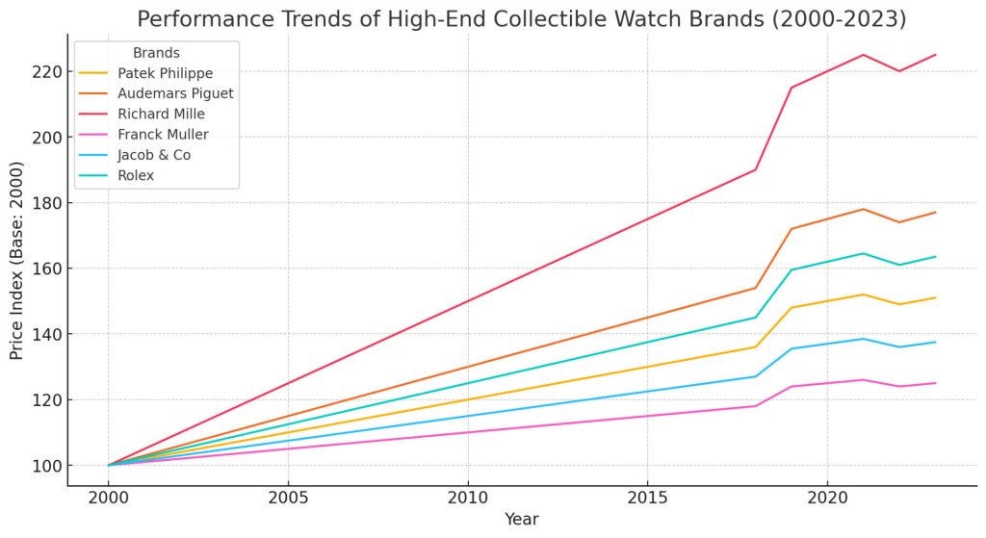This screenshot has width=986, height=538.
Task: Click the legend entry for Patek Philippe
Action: point(166,73)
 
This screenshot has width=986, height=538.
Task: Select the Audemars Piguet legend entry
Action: point(175,93)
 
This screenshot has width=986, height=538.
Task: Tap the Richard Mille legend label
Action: point(161,114)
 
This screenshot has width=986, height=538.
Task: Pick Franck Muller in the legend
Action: point(163,135)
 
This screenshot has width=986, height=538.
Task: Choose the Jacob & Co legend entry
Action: point(154,155)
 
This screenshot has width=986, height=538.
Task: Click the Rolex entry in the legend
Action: point(136,175)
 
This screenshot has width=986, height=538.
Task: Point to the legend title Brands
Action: point(156,54)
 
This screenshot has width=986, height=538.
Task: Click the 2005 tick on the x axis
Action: point(288,498)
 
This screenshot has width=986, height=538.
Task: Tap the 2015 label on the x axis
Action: point(648,498)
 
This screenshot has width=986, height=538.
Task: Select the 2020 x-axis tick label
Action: point(827,498)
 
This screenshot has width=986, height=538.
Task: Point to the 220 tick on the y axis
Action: point(47,71)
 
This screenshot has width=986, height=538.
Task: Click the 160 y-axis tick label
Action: point(47,269)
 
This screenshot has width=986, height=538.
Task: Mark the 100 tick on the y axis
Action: point(47,466)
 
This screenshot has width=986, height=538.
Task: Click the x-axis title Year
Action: point(521,519)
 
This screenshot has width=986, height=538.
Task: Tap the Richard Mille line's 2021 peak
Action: point(863,55)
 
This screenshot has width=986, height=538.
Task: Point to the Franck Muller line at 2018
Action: point(755,406)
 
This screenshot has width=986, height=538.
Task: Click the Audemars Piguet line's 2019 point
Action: point(791,229)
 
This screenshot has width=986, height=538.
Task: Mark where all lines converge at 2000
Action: point(108,465)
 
